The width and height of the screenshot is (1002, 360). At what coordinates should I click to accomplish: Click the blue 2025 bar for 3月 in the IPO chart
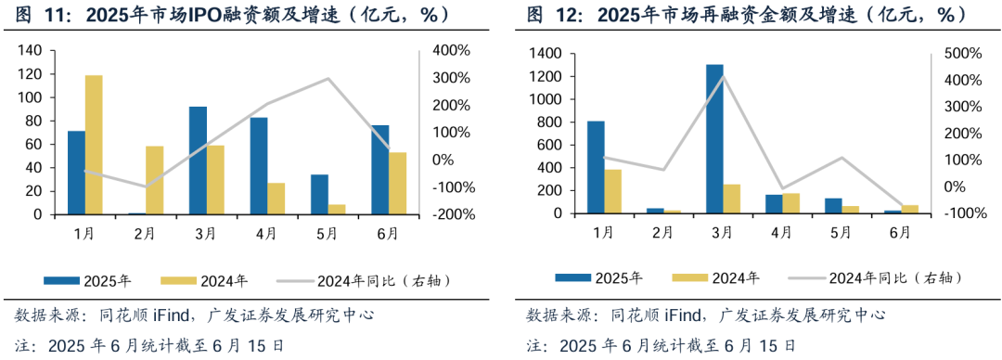tap(198, 161)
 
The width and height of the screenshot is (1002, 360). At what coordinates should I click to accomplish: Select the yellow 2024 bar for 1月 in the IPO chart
tap(94, 145)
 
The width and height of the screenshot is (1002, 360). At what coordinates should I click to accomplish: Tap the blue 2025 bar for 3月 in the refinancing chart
tap(715, 139)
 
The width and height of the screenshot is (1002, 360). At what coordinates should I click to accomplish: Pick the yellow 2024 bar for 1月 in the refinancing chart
tap(613, 191)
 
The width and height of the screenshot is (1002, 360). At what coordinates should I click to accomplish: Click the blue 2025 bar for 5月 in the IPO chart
tap(319, 194)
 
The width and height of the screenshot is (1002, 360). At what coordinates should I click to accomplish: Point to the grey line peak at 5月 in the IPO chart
tap(328, 79)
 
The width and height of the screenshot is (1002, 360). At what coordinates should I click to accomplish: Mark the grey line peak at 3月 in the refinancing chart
tap(724, 76)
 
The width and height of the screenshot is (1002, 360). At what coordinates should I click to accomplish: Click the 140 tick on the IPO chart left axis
tap(30, 50)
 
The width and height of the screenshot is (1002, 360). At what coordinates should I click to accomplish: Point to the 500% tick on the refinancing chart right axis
tap(961, 54)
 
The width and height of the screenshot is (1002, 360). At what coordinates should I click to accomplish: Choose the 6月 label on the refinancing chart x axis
tap(899, 233)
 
